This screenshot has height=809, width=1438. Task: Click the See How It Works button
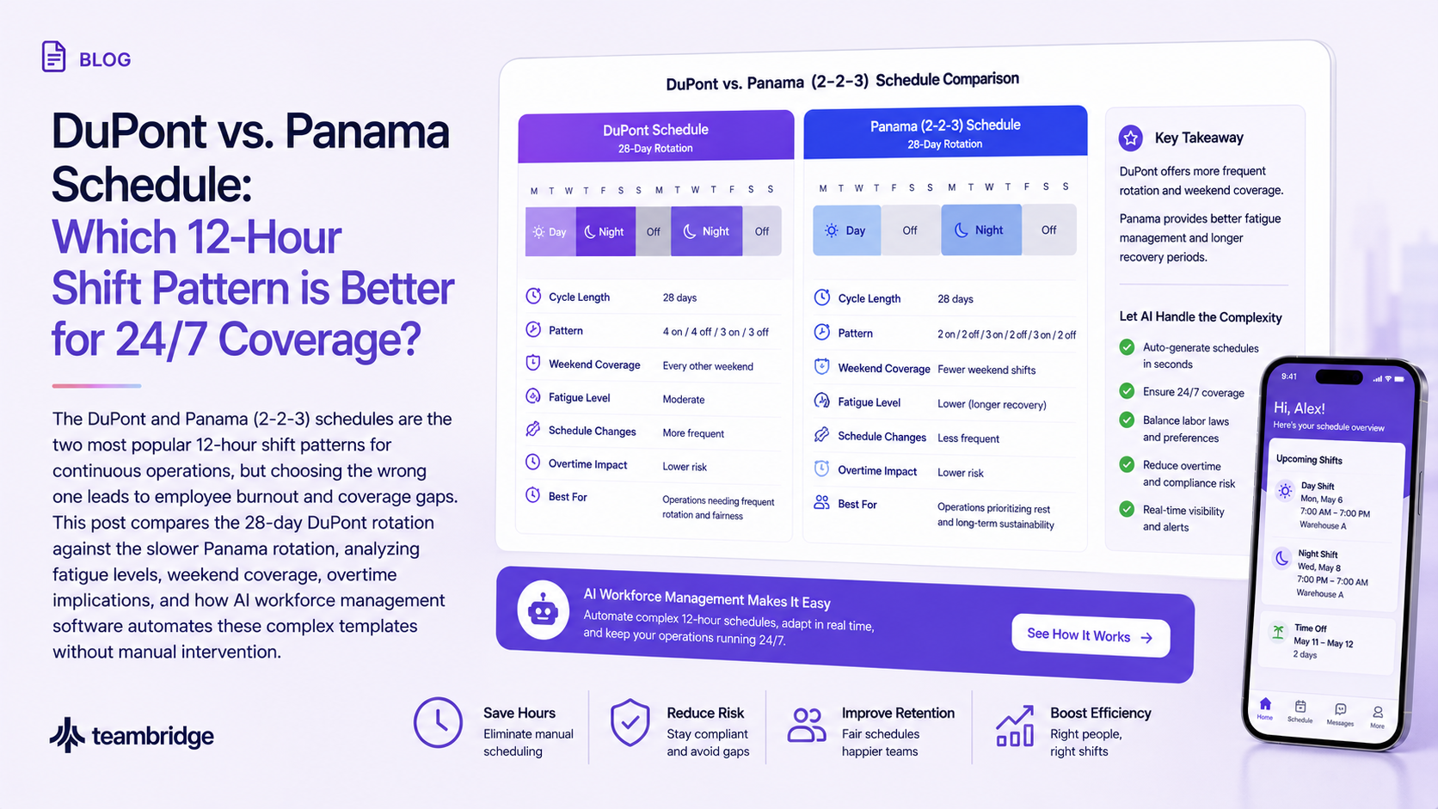click(x=1090, y=636)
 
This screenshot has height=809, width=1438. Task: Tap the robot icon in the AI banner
click(x=543, y=610)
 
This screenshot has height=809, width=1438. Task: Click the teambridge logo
click(x=132, y=735)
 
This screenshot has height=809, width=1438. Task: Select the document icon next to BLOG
click(x=53, y=57)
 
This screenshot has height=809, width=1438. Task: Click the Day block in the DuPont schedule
click(x=550, y=231)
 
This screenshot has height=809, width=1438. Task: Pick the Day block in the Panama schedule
click(x=847, y=230)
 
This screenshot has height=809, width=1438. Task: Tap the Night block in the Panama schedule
click(x=981, y=230)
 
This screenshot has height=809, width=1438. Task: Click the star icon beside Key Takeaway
click(x=1130, y=138)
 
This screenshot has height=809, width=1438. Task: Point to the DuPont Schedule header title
click(x=655, y=130)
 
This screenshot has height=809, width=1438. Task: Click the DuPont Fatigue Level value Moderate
click(x=683, y=399)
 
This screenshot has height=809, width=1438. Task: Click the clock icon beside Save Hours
click(x=438, y=722)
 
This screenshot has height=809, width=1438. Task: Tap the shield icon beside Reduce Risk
click(x=630, y=722)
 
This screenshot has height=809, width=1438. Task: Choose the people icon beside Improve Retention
click(x=807, y=725)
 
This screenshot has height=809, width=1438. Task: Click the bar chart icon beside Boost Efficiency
click(x=1014, y=726)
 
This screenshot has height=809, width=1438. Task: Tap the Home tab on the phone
click(x=1264, y=709)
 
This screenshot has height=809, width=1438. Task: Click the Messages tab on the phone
click(x=1340, y=714)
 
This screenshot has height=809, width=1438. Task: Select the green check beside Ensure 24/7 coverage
click(x=1127, y=390)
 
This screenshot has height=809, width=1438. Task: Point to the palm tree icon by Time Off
click(x=1278, y=632)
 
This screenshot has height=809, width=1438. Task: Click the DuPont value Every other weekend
click(x=708, y=366)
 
